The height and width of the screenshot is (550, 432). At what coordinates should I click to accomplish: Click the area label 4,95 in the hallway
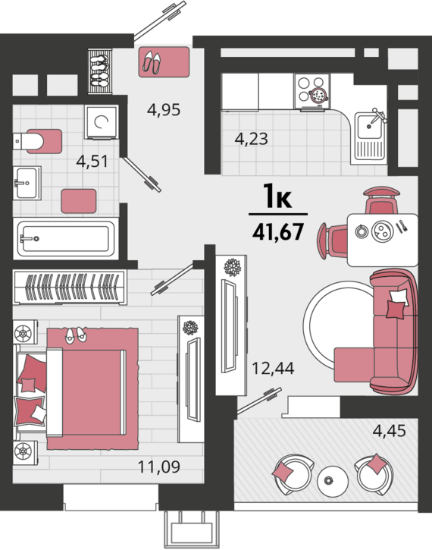(164, 110)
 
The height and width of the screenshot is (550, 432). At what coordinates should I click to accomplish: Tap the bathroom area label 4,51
(92, 162)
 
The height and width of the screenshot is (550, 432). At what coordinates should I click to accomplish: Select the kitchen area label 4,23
(251, 139)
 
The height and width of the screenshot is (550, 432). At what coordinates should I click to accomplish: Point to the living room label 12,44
(273, 368)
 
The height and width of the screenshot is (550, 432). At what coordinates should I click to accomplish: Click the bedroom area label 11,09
(159, 467)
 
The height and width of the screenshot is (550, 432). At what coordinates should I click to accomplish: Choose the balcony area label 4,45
(389, 430)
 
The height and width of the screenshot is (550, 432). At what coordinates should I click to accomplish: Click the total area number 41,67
(278, 231)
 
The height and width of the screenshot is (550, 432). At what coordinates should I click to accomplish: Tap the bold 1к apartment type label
(278, 196)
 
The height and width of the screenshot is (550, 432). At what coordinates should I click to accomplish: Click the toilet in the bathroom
(38, 141)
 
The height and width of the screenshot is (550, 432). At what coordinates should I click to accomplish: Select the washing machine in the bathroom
(101, 122)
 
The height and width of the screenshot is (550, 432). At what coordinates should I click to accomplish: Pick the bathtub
(66, 238)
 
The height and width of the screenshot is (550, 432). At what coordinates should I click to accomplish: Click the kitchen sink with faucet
(368, 137)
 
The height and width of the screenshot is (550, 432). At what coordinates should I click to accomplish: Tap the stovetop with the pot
(312, 91)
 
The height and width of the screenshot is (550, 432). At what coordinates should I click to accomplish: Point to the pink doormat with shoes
(164, 61)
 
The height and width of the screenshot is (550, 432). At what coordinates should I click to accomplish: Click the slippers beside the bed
(76, 335)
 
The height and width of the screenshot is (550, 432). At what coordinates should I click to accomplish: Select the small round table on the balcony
(333, 481)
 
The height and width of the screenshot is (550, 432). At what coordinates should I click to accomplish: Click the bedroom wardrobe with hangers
(70, 288)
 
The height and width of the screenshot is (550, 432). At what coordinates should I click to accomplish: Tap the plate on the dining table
(382, 231)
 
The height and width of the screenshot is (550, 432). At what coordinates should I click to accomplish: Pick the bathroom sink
(27, 183)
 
